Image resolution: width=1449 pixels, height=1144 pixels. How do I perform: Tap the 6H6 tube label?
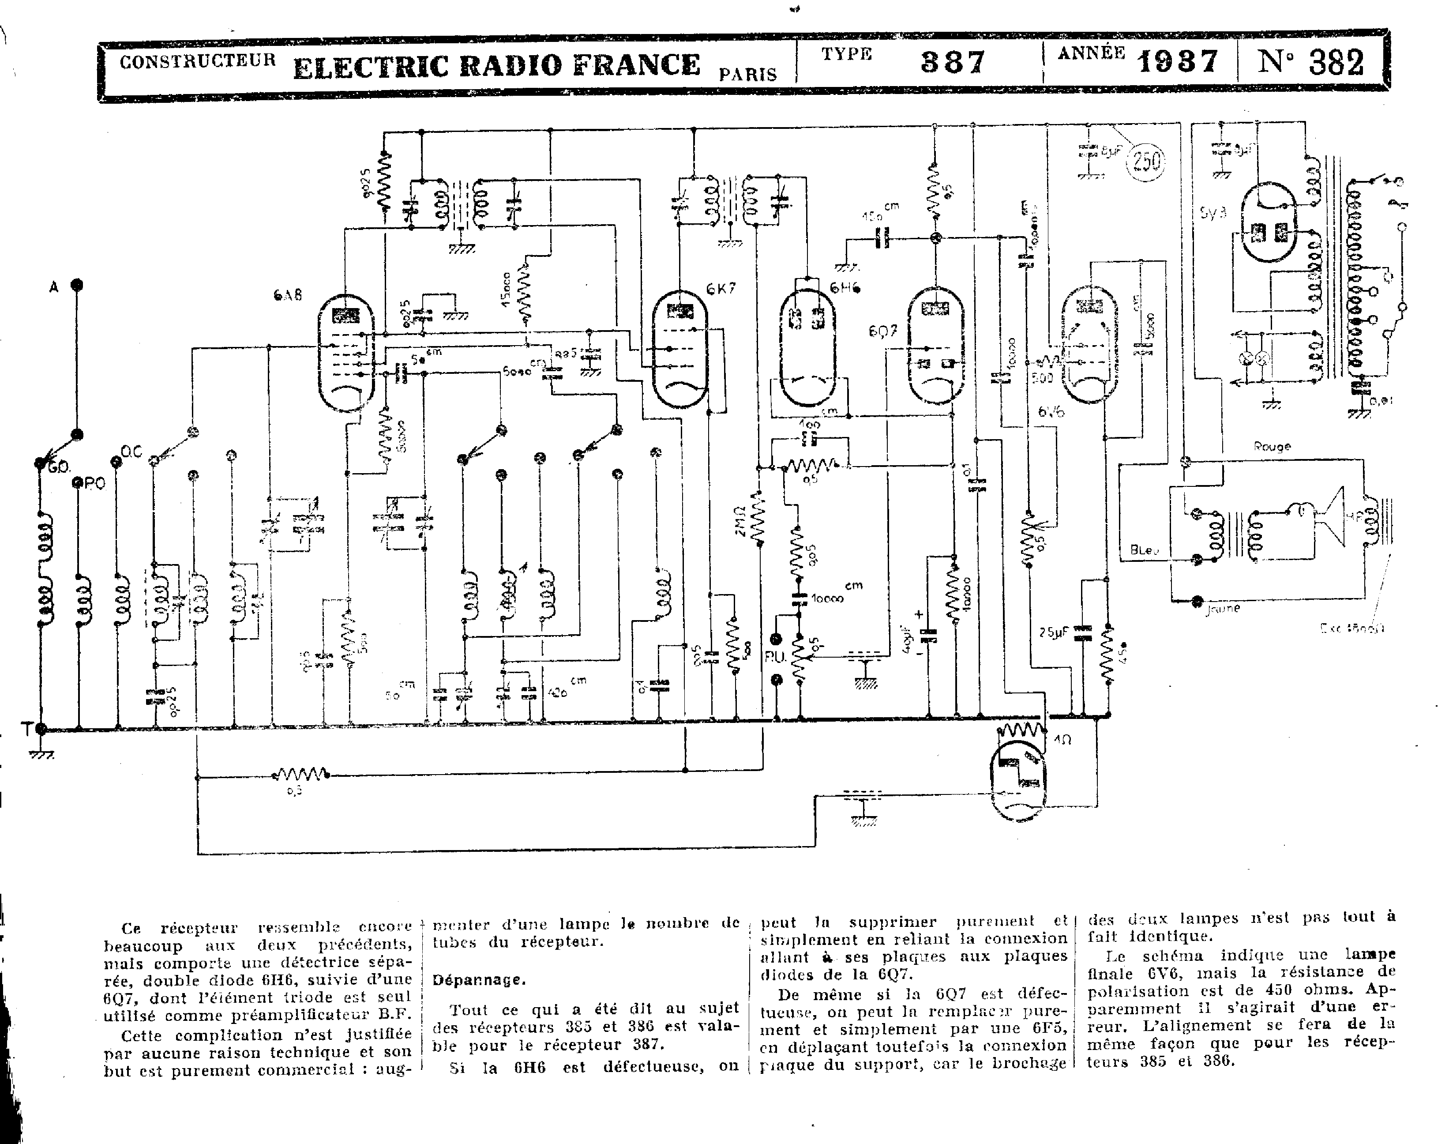coord(845,288)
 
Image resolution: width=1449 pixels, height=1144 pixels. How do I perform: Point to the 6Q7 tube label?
coord(882,331)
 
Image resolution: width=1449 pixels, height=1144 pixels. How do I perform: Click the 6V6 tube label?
coord(1051,411)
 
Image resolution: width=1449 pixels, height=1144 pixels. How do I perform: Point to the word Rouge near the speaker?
coord(1272,447)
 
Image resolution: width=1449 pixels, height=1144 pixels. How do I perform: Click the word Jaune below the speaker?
coord(1223,608)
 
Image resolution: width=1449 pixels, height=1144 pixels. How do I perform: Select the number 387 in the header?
coord(952,62)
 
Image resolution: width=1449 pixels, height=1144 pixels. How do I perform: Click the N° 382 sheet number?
coord(1310,62)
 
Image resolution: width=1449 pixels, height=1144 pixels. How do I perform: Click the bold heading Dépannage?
coord(479,980)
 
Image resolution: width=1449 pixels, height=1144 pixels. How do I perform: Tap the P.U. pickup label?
coord(775,658)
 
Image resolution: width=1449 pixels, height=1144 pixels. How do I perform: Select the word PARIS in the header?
coord(748,74)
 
